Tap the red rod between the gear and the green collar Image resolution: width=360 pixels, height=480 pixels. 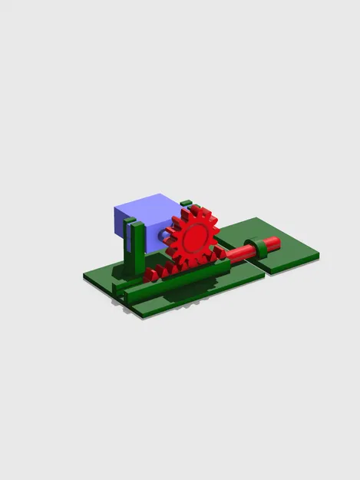pos(235,255)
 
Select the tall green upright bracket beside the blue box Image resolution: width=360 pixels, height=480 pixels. pos(137,250)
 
